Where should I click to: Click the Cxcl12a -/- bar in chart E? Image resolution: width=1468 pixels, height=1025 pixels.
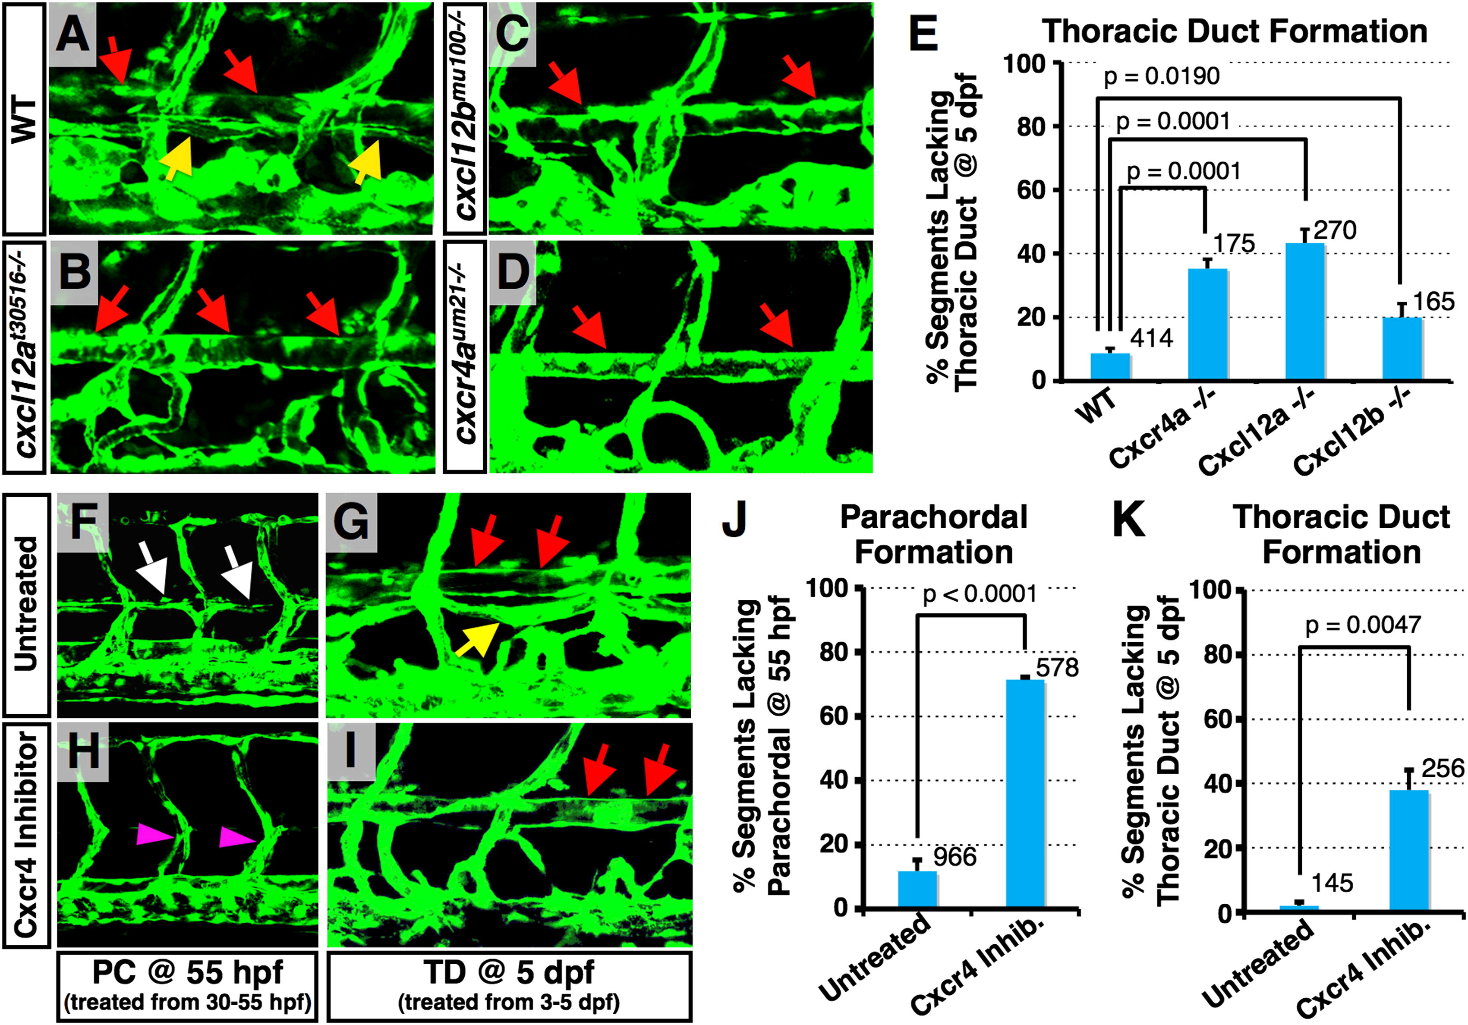pyautogui.click(x=1304, y=312)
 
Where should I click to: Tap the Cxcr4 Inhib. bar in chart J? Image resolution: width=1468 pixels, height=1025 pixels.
pyautogui.click(x=1026, y=793)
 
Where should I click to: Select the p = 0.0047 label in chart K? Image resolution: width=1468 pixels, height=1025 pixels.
pyautogui.click(x=1363, y=625)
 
